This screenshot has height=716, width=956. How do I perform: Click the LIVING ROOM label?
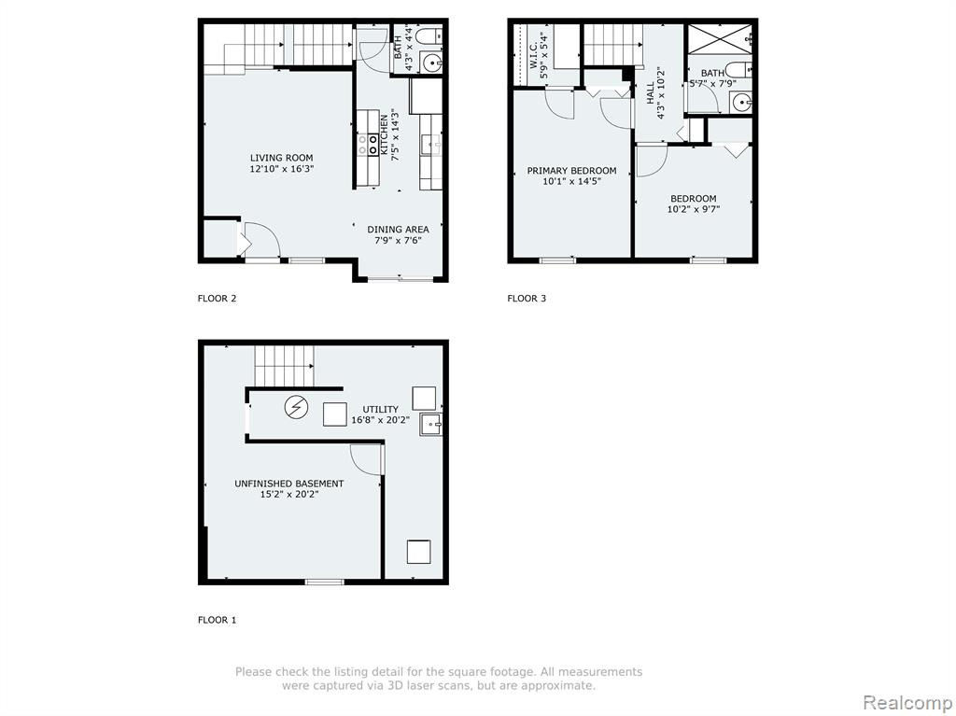pyautogui.click(x=281, y=158)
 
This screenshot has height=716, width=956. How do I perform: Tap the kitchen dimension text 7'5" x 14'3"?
pyautogui.click(x=396, y=134)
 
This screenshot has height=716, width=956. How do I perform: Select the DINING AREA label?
pyautogui.click(x=398, y=230)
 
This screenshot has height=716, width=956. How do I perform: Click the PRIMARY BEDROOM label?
pyautogui.click(x=571, y=171)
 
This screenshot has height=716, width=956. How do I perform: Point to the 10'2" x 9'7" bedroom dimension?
pyautogui.click(x=694, y=209)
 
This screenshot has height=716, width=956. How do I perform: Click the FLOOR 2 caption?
pyautogui.click(x=217, y=298)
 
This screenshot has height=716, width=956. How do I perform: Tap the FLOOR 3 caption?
pyautogui.click(x=527, y=298)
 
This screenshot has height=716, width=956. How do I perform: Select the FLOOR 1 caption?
pyautogui.click(x=217, y=620)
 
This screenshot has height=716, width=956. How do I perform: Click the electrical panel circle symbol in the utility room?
pyautogui.click(x=296, y=407)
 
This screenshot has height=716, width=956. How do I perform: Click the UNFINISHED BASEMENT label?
pyautogui.click(x=289, y=484)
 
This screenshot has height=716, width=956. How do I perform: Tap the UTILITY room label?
pyautogui.click(x=381, y=409)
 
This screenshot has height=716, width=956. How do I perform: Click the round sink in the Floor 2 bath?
pyautogui.click(x=432, y=63)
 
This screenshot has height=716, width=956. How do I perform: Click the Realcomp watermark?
pyautogui.click(x=908, y=702)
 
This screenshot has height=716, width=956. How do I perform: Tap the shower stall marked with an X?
pyautogui.click(x=720, y=39)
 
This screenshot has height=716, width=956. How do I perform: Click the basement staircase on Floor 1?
pyautogui.click(x=284, y=366)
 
